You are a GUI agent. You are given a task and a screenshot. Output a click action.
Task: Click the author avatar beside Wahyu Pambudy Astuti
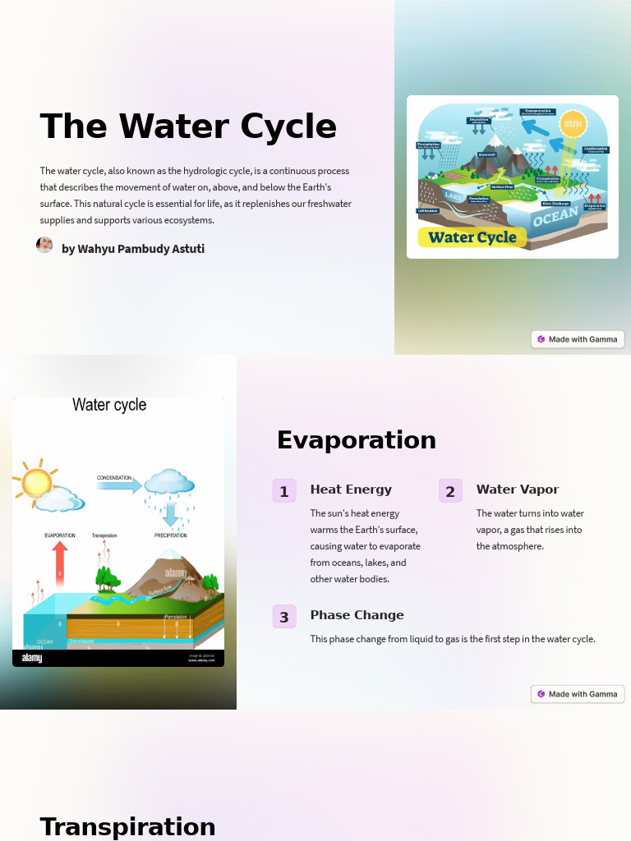tap(44, 245)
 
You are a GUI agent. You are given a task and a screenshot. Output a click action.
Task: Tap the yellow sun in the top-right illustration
tap(573, 125)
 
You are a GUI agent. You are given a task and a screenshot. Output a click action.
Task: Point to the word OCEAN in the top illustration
tap(556, 218)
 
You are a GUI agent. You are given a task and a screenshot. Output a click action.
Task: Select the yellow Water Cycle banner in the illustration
tap(472, 237)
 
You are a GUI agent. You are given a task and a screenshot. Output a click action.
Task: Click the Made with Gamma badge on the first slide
tap(578, 339)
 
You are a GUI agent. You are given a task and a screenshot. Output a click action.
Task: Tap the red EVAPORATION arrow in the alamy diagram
tap(59, 563)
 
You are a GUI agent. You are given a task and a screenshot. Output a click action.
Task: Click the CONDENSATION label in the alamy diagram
tap(114, 477)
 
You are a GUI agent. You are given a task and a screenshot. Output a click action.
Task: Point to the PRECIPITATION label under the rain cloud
tap(171, 535)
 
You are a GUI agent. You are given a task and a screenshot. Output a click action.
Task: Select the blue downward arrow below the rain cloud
tap(170, 515)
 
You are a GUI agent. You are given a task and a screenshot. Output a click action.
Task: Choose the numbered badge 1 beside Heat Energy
tap(284, 491)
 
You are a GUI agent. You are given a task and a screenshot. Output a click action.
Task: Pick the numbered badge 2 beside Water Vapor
tap(450, 491)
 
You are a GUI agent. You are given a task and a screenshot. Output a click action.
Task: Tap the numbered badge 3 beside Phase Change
tap(284, 617)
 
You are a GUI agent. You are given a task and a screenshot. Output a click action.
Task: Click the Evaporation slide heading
tap(357, 440)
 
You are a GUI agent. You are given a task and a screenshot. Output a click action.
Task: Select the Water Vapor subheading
tap(518, 489)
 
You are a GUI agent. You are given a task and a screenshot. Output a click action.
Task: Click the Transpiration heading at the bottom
tap(127, 826)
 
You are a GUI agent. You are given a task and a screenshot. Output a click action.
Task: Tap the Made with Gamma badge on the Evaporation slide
tap(578, 694)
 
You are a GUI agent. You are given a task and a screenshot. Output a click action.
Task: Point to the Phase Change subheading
tap(357, 615)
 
